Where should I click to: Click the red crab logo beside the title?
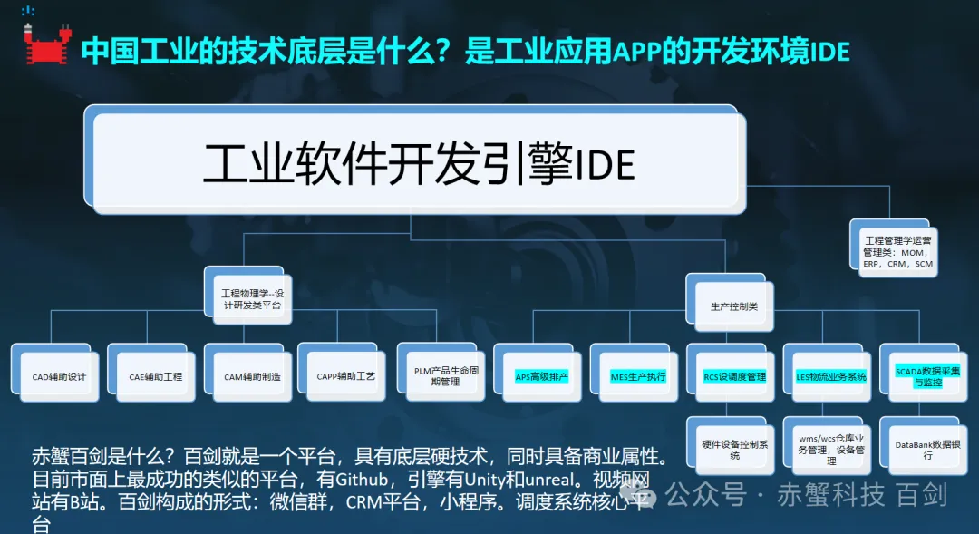(43, 45)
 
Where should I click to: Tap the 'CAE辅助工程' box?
(149, 375)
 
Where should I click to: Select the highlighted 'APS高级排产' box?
(535, 375)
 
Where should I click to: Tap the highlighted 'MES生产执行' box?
(632, 375)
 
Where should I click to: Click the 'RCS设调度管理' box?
(728, 375)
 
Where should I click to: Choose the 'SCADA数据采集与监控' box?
(921, 375)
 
